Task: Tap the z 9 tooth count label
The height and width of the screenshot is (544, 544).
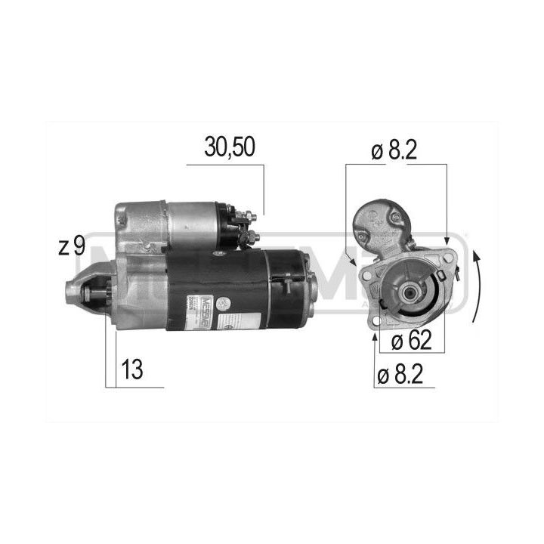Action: click(x=71, y=247)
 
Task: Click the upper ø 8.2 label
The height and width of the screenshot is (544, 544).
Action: click(x=395, y=150)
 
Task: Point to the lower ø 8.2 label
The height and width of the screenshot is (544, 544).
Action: click(x=407, y=373)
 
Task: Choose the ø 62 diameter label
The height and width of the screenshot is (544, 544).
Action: click(x=412, y=342)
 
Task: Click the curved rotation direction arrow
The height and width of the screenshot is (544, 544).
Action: click(x=475, y=287)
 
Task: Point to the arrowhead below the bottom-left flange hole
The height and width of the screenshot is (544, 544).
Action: click(x=376, y=338)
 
